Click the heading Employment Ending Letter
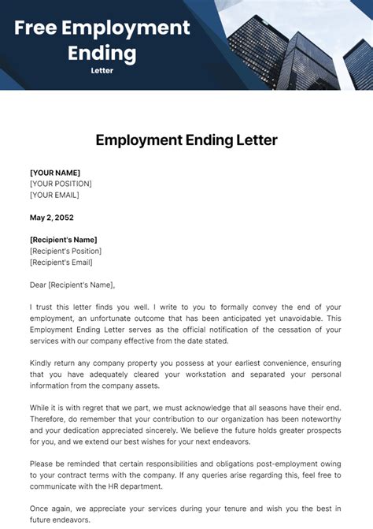click(186, 140)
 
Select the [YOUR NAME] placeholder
click(55, 173)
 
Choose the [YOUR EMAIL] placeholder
click(54, 195)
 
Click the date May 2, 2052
click(53, 218)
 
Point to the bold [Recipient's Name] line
click(64, 240)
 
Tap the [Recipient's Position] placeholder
click(68, 251)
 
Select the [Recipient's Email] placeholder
click(61, 263)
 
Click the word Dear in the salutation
click(39, 285)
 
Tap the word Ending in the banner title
click(102, 54)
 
